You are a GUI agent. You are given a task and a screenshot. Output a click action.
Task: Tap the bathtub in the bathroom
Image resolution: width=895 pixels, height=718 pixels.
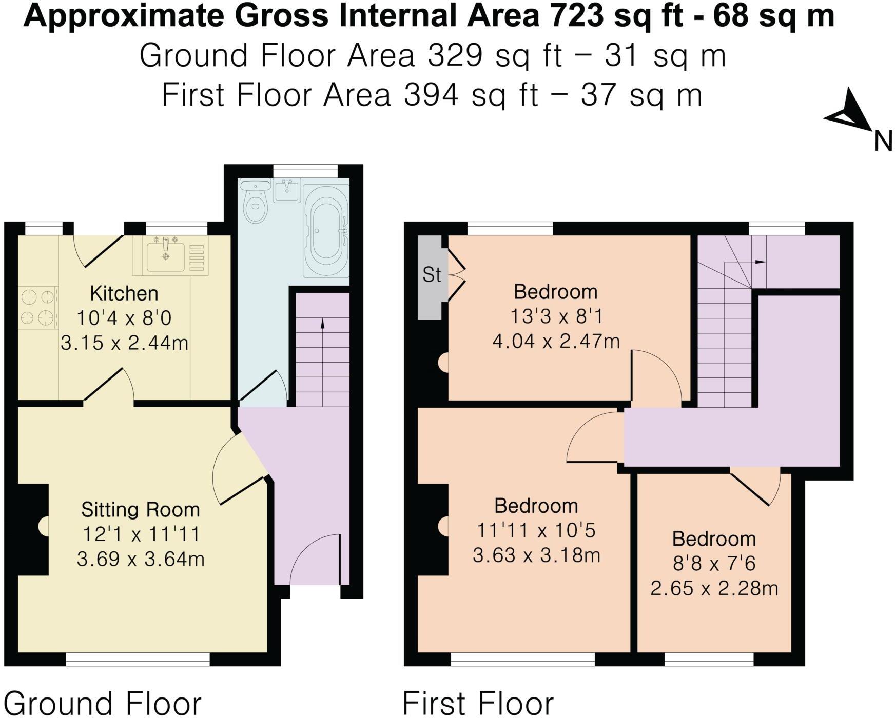pos(325,232)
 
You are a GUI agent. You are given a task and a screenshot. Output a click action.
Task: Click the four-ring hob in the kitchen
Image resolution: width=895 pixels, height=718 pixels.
pos(37,308)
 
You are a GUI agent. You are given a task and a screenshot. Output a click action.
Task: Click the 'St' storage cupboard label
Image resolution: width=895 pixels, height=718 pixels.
pos(432,275)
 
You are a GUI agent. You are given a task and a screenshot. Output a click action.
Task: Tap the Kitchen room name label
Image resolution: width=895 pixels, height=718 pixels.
pos(124,294)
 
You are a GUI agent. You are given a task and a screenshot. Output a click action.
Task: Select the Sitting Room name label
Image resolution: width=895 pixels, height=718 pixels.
pos(141,510)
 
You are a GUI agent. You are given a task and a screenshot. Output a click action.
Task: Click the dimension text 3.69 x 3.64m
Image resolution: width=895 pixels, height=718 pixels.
pos(141,559)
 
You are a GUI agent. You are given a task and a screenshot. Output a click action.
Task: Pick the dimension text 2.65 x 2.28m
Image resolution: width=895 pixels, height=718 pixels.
pos(714,588)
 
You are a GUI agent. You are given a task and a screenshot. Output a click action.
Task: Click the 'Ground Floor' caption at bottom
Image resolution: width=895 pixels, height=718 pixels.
pos(102,703)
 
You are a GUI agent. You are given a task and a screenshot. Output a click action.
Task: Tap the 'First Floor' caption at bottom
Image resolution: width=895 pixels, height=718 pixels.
pos(478,703)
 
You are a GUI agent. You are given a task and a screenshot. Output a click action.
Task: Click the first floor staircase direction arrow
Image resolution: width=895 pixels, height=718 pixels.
pos(760,262)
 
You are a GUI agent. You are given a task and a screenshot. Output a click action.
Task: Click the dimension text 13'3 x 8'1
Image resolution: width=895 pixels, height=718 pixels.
pos(556,316)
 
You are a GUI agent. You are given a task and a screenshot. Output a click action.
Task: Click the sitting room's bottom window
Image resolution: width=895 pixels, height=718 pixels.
pos(138,659)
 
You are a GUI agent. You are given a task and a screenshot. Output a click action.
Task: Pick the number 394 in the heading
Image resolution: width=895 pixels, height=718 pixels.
pos(431,95)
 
